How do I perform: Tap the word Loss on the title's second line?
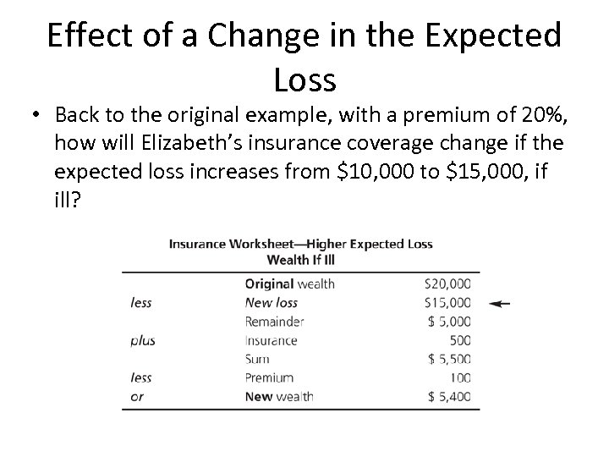pos(305,80)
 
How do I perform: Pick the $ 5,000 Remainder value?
pos(451,322)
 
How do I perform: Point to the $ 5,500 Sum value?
pos(451,359)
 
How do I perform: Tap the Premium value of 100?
pos(460,377)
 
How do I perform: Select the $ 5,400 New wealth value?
pos(451,396)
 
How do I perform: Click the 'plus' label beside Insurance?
pos(143,340)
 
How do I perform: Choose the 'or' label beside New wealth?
pos(138,396)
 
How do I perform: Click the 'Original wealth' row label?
pos(289,284)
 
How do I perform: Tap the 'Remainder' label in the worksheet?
pos(274,322)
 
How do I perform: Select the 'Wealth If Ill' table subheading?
pos(300,258)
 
